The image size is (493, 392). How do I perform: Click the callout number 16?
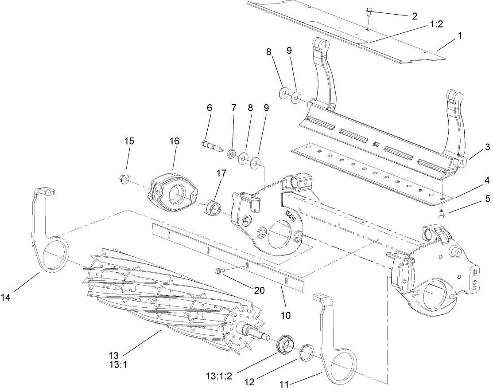click(x=174, y=141)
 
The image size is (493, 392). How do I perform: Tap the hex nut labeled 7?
click(x=230, y=154)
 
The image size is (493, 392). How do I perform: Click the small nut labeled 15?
click(x=124, y=179)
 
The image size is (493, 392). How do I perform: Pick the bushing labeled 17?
click(x=210, y=207)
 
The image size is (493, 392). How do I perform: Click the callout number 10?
click(x=286, y=315)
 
